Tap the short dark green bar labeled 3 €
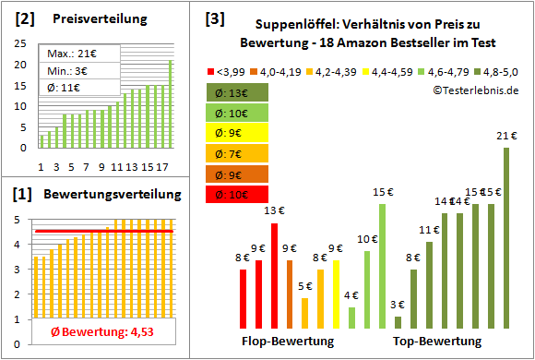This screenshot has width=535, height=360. tap(398, 322)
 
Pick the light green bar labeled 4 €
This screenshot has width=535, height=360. tap(351, 318)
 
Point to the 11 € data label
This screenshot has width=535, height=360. tap(428, 230)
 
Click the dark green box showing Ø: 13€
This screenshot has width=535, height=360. tap(238, 92)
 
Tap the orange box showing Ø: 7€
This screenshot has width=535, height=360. tap(238, 153)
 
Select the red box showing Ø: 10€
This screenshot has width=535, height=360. tap(238, 194)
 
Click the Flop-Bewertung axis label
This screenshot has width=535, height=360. tap(288, 342)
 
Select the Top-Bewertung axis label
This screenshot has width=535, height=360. tap(437, 342)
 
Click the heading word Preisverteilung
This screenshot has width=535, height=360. tap(91, 19)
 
